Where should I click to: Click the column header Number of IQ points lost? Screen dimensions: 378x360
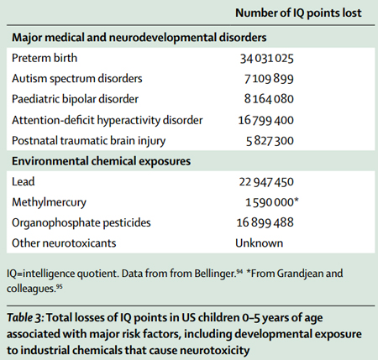[298, 13]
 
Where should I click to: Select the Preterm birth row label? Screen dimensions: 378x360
[45, 58]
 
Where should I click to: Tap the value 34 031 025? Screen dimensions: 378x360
[267, 59]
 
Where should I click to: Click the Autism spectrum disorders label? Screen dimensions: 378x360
[77, 79]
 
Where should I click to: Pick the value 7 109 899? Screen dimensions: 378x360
[269, 79]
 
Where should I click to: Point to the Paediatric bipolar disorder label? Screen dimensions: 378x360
[75, 99]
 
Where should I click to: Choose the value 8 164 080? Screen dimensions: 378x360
[269, 99]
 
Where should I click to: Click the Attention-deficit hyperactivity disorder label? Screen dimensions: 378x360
[108, 120]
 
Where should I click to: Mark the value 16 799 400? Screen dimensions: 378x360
[266, 120]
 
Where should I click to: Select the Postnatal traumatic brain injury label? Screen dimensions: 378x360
[89, 141]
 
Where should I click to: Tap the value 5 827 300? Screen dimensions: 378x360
[270, 141]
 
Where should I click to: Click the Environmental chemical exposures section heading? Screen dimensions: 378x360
[101, 161]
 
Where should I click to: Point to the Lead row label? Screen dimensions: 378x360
[24, 181]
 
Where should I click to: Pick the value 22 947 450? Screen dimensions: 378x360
[266, 182]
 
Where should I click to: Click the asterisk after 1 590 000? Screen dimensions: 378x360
[297, 201]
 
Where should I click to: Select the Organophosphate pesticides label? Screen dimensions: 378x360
[81, 222]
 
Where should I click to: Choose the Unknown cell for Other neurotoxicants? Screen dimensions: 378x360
[260, 243]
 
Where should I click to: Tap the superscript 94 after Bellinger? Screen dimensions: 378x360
[239, 271]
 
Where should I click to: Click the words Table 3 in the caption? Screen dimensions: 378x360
[25, 318]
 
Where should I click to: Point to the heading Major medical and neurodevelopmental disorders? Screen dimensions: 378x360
[139, 38]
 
